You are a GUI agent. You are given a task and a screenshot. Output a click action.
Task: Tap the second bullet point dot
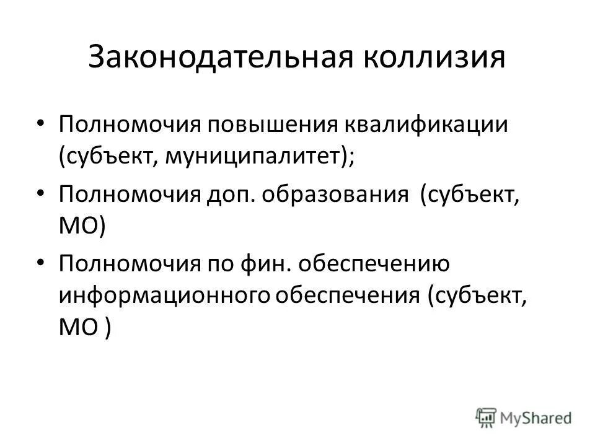[x=41, y=194]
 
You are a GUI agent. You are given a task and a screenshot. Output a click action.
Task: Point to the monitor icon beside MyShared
[x=486, y=416]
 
